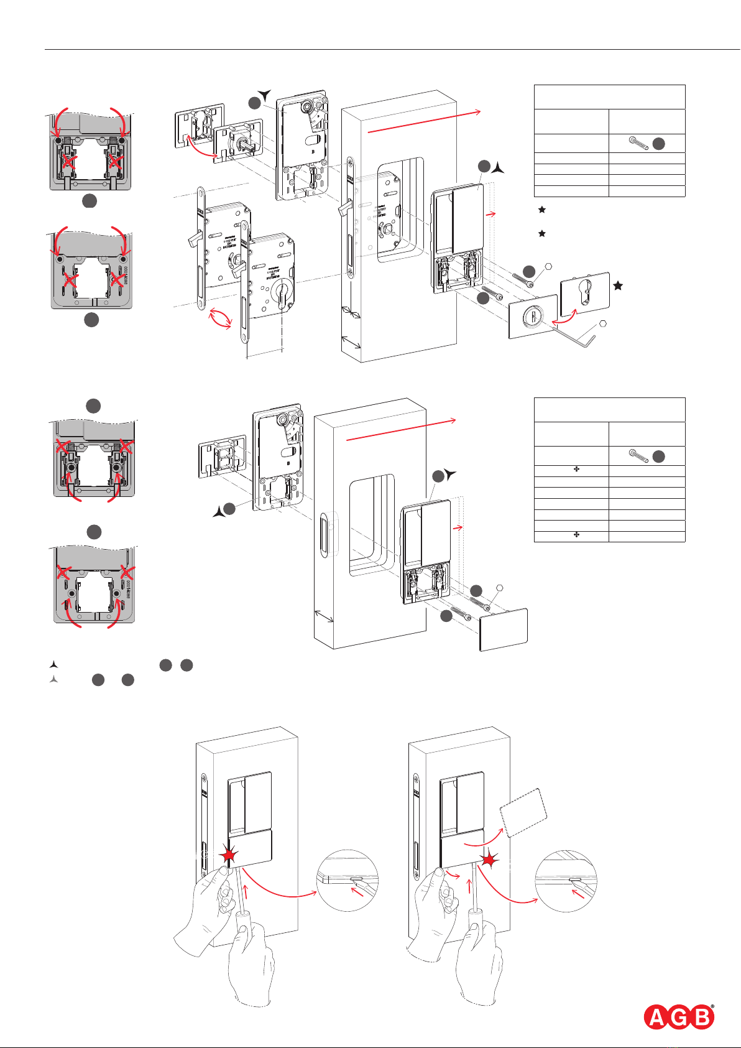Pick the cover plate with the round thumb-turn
click(533, 316)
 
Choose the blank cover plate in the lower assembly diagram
click(504, 629)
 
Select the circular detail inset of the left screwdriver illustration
click(347, 880)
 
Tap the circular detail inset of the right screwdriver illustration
click(566, 881)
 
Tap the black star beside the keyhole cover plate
click(618, 285)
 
